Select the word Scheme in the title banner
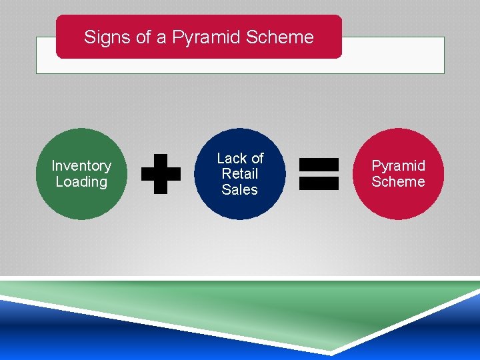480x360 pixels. (279, 37)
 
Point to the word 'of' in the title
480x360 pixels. (143, 37)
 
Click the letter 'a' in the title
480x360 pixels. (162, 38)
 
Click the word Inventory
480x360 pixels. (81, 165)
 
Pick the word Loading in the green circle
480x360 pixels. (81, 182)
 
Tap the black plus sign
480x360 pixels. (161, 174)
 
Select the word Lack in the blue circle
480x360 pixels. (232, 158)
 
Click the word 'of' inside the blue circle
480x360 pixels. (257, 158)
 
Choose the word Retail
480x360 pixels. (240, 174)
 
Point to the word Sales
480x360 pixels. (240, 190)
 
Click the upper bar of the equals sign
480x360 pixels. (319, 165)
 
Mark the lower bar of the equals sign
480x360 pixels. (319, 183)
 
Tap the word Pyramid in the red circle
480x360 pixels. (399, 165)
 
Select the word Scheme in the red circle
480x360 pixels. (399, 182)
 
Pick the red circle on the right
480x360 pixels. (399, 203)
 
